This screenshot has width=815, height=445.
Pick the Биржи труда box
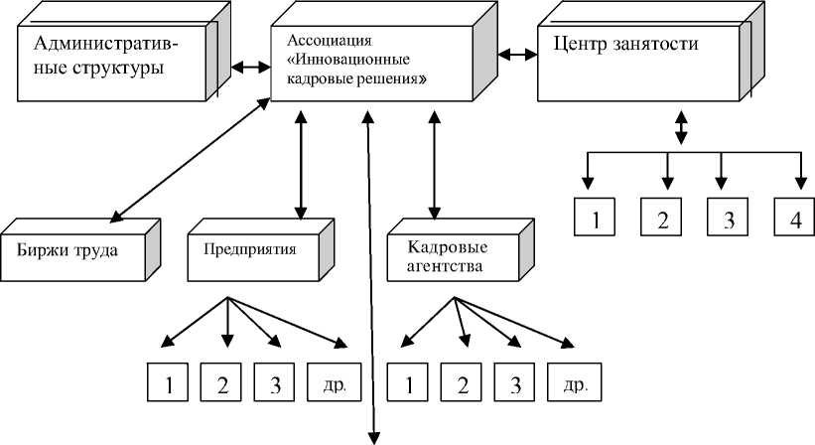click(74, 249)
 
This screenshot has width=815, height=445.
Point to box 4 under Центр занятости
click(795, 219)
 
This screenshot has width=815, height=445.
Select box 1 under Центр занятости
click(596, 219)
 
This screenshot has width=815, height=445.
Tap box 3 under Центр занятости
click(729, 219)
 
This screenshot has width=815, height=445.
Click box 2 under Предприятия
click(221, 383)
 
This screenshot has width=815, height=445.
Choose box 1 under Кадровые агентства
click(407, 383)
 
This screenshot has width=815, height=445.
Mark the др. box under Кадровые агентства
click(574, 383)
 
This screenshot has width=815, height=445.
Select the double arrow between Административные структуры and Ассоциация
click(250, 68)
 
